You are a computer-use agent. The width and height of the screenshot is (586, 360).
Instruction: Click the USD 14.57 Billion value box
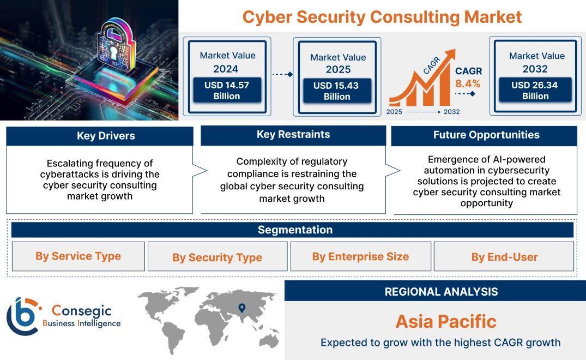click(227, 91)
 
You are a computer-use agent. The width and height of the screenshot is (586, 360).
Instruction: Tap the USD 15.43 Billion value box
click(337, 91)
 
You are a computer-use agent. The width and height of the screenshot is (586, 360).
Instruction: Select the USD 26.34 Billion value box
click(535, 91)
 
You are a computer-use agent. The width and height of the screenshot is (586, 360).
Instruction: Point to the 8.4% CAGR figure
click(468, 83)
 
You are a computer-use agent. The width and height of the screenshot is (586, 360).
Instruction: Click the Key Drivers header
click(100, 136)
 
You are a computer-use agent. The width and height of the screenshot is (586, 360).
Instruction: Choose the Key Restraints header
click(293, 135)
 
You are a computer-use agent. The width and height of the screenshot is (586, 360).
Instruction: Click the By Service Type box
click(78, 256)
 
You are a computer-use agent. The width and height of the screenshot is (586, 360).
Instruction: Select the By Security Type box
click(217, 257)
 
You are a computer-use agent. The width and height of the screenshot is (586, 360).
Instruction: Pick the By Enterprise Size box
click(360, 256)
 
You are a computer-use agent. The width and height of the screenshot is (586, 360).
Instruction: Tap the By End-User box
click(504, 257)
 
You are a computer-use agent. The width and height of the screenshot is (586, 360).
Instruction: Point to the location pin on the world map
click(241, 309)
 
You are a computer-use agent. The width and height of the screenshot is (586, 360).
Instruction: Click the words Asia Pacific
click(446, 321)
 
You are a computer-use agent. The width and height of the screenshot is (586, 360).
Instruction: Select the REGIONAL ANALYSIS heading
click(441, 292)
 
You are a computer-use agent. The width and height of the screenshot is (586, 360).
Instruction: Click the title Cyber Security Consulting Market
click(382, 16)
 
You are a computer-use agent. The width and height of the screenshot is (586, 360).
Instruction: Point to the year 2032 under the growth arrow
click(451, 112)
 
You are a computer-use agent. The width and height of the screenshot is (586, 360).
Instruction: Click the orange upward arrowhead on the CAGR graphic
click(450, 55)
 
